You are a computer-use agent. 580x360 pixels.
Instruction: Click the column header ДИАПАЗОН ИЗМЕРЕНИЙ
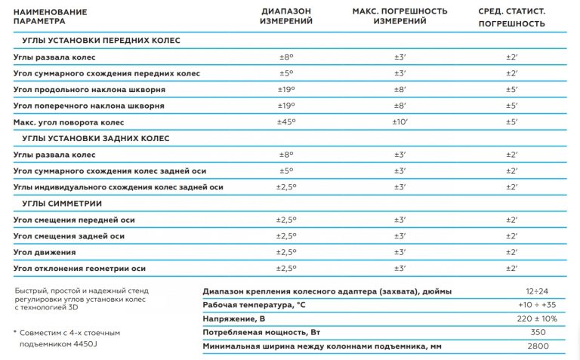[286, 17]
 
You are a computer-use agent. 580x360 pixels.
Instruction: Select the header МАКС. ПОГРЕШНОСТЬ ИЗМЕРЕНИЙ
[400, 17]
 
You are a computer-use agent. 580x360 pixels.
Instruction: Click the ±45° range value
[286, 122]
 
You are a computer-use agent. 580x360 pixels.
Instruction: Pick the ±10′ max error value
[400, 122]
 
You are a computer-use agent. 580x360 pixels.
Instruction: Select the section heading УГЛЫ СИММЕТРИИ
[61, 204]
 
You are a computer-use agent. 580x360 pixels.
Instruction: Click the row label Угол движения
[46, 252]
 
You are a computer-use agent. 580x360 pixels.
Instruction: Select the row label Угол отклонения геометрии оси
[79, 268]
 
